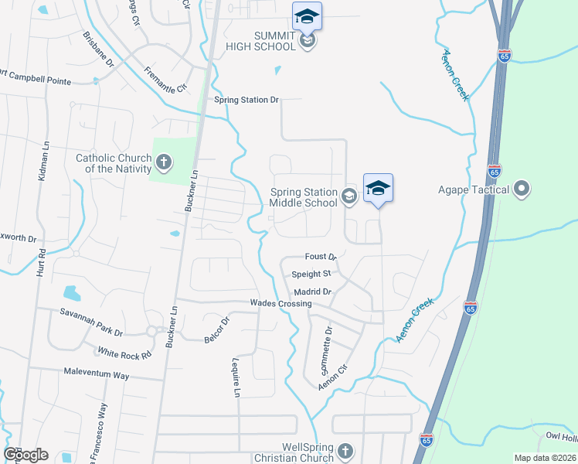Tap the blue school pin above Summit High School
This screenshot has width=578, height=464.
tap(307, 16)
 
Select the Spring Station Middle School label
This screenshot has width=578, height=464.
tap(304, 197)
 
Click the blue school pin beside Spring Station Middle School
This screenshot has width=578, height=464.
tap(378, 188)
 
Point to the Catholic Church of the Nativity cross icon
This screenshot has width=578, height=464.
tap(163, 162)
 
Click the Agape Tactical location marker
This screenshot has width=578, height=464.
tap(522, 189)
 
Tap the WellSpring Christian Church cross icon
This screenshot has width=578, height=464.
tap(345, 451)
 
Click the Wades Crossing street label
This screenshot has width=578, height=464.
tap(280, 304)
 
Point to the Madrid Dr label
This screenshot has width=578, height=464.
tap(312, 292)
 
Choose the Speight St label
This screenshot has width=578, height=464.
tap(311, 274)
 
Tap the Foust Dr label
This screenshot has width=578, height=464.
tap(321, 256)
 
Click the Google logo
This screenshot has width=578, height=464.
tap(25, 455)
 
